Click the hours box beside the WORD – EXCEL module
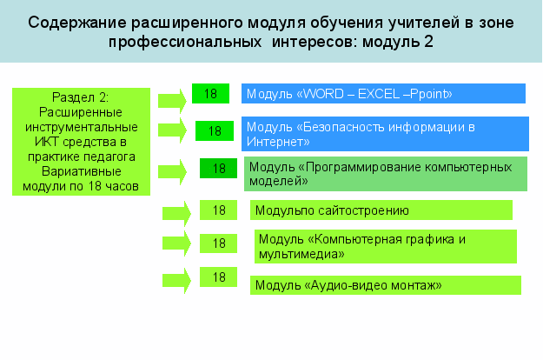click(210, 94)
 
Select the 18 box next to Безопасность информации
click(215, 131)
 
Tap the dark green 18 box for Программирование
click(219, 169)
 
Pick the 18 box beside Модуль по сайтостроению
click(219, 210)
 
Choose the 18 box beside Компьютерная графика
click(219, 243)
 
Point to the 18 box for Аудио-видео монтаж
click(219, 277)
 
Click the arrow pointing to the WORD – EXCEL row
click(173, 101)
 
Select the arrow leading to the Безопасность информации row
click(173, 130)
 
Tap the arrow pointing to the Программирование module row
click(173, 172)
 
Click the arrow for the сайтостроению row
click(176, 213)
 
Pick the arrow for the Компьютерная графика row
click(176, 243)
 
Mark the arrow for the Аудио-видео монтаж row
click(176, 281)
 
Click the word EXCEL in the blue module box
click(379, 94)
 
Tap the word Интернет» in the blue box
click(278, 142)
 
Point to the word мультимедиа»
click(301, 254)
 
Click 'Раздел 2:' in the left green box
click(80, 97)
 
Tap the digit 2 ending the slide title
click(428, 42)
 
